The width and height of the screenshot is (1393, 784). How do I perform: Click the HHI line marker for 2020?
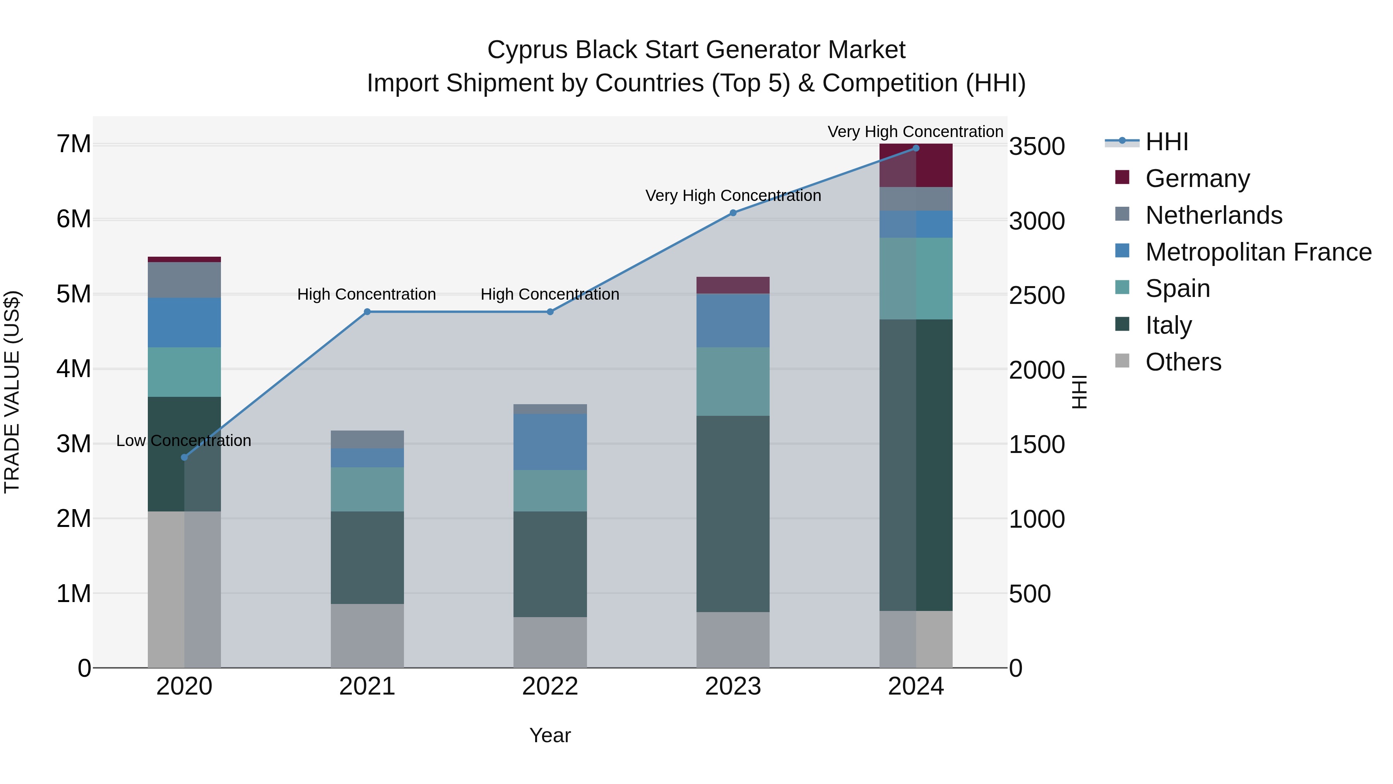(185, 457)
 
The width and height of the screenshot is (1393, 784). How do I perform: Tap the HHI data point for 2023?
(733, 213)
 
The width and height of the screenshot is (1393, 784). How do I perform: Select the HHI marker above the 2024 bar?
(916, 148)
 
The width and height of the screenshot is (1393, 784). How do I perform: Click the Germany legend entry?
(1197, 178)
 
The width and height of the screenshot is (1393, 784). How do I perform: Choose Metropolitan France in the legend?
(1258, 252)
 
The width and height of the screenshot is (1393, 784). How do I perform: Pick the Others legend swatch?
(1122, 362)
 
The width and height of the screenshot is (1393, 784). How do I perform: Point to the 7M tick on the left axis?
(74, 144)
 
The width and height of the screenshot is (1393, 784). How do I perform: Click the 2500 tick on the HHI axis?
(1037, 295)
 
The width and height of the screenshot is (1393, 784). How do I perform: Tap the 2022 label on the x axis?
(550, 686)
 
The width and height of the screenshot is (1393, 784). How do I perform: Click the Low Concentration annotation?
(184, 441)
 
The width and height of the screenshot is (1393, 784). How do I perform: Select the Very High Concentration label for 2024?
(915, 132)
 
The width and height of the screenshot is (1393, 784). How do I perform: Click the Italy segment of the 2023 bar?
(733, 514)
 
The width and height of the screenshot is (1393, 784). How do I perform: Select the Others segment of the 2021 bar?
(367, 636)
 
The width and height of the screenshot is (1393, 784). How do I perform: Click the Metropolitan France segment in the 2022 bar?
(550, 441)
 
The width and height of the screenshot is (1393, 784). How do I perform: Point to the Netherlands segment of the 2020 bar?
(185, 280)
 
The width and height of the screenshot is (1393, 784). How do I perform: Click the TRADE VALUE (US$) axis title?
(12, 392)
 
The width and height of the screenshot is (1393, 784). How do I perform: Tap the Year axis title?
(550, 735)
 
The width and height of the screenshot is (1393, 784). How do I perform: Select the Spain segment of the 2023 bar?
(733, 381)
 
